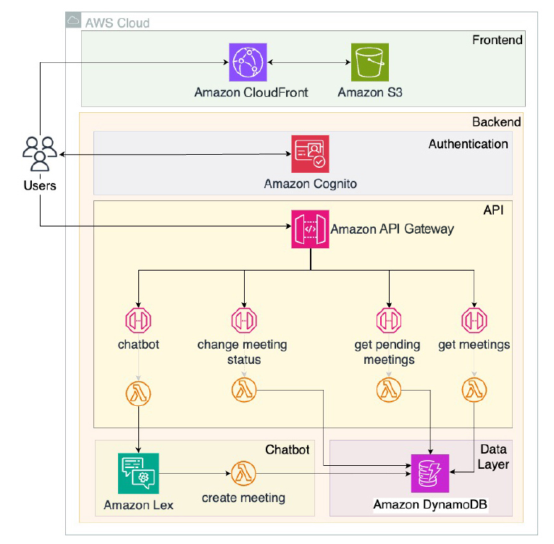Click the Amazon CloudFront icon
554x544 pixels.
pyautogui.click(x=248, y=62)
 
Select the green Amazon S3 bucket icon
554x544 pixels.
pyautogui.click(x=369, y=62)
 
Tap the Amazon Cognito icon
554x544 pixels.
pyautogui.click(x=311, y=154)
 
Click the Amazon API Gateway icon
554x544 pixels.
pyautogui.click(x=311, y=229)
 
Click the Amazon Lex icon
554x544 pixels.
pyautogui.click(x=138, y=474)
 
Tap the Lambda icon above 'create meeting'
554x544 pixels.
pyautogui.click(x=243, y=474)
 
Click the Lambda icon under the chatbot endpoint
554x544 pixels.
pyautogui.click(x=138, y=394)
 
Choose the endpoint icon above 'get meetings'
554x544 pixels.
pyautogui.click(x=474, y=320)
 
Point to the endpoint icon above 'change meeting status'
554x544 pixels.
pyautogui.click(x=243, y=320)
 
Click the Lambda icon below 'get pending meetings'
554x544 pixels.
pyautogui.click(x=389, y=391)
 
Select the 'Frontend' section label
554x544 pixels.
pyautogui.click(x=497, y=40)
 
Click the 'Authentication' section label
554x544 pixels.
pyautogui.click(x=468, y=144)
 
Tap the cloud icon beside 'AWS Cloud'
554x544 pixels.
pyautogui.click(x=73, y=21)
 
